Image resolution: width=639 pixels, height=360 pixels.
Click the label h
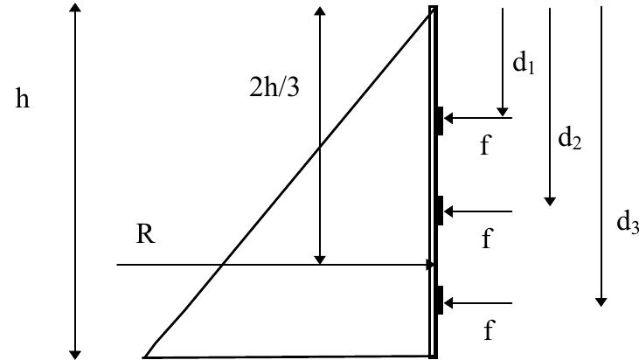tap(23, 100)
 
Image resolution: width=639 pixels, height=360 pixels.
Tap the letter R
tap(145, 235)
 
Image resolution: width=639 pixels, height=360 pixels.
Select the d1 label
tap(524, 65)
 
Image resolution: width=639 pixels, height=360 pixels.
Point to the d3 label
tap(627, 223)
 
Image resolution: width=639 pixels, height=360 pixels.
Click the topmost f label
tap(488, 144)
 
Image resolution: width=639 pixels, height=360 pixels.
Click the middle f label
tap(488, 238)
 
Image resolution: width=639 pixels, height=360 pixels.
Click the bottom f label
tap(489, 329)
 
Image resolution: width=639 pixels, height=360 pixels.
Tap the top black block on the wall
tap(440, 121)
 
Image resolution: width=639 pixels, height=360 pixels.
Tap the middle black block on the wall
tap(440, 211)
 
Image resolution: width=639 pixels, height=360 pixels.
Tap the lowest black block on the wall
tap(440, 300)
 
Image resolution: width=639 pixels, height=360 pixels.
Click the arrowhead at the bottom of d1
tap(503, 111)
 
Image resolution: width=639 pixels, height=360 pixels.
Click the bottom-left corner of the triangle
tap(146, 357)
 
